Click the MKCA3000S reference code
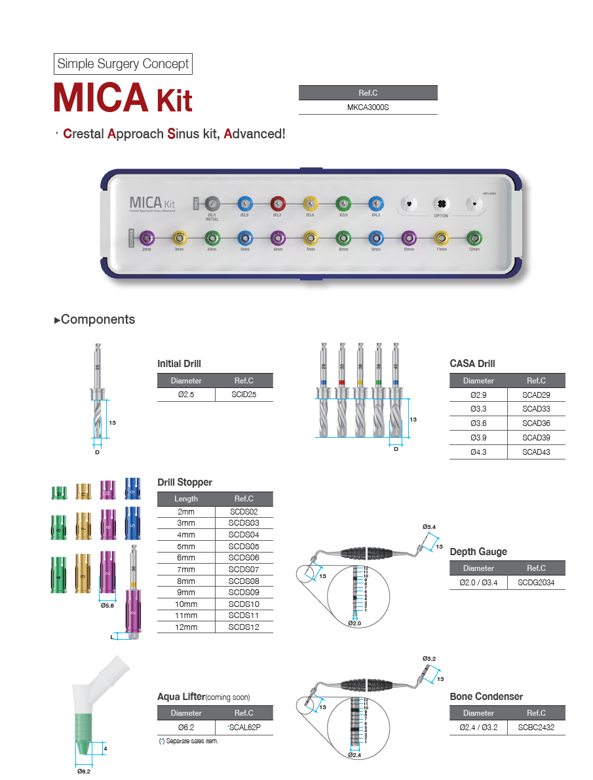[368, 107]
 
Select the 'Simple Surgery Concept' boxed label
[123, 64]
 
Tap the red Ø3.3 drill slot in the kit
[277, 203]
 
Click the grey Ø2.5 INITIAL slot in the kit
[212, 203]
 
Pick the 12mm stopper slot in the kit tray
[474, 237]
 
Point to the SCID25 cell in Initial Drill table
[244, 395]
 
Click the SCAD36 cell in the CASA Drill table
[536, 423]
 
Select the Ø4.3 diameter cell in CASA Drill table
[478, 452]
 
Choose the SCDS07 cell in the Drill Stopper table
[244, 570]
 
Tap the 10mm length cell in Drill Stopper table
[186, 604]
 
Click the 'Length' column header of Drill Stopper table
[186, 499]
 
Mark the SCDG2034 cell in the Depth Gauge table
[536, 582]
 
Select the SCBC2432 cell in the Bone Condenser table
[536, 727]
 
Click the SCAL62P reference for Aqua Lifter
[244, 727]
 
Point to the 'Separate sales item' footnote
[188, 741]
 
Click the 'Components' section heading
[98, 320]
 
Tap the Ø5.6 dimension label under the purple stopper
[108, 606]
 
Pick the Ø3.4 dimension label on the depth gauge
[429, 527]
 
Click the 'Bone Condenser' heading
[486, 697]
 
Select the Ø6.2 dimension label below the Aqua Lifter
[84, 771]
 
